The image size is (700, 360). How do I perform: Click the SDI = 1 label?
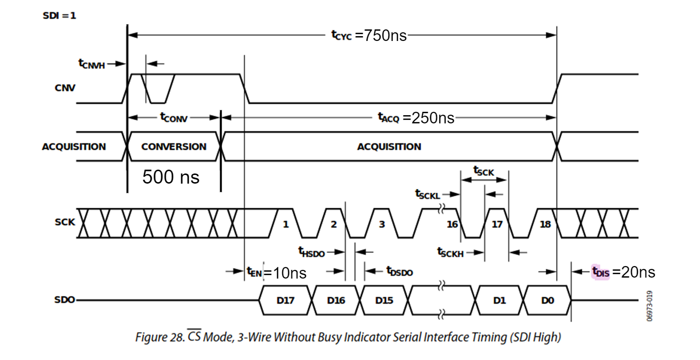click(x=60, y=15)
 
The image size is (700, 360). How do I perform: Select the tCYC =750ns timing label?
click(x=369, y=35)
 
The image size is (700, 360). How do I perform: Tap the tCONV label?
click(x=173, y=118)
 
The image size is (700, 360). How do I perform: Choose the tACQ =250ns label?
click(x=415, y=118)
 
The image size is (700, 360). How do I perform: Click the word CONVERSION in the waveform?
click(x=173, y=147)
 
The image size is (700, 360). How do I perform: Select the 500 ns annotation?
click(x=171, y=177)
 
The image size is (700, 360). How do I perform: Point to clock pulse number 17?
click(x=497, y=224)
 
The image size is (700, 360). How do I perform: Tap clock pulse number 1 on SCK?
click(x=285, y=224)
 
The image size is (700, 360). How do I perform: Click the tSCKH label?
click(x=450, y=252)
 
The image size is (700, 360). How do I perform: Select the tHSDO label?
click(x=311, y=252)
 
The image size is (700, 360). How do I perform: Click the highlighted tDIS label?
click(x=601, y=272)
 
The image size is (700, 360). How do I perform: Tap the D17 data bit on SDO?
click(x=285, y=300)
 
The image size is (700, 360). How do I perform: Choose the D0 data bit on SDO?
click(x=547, y=300)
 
